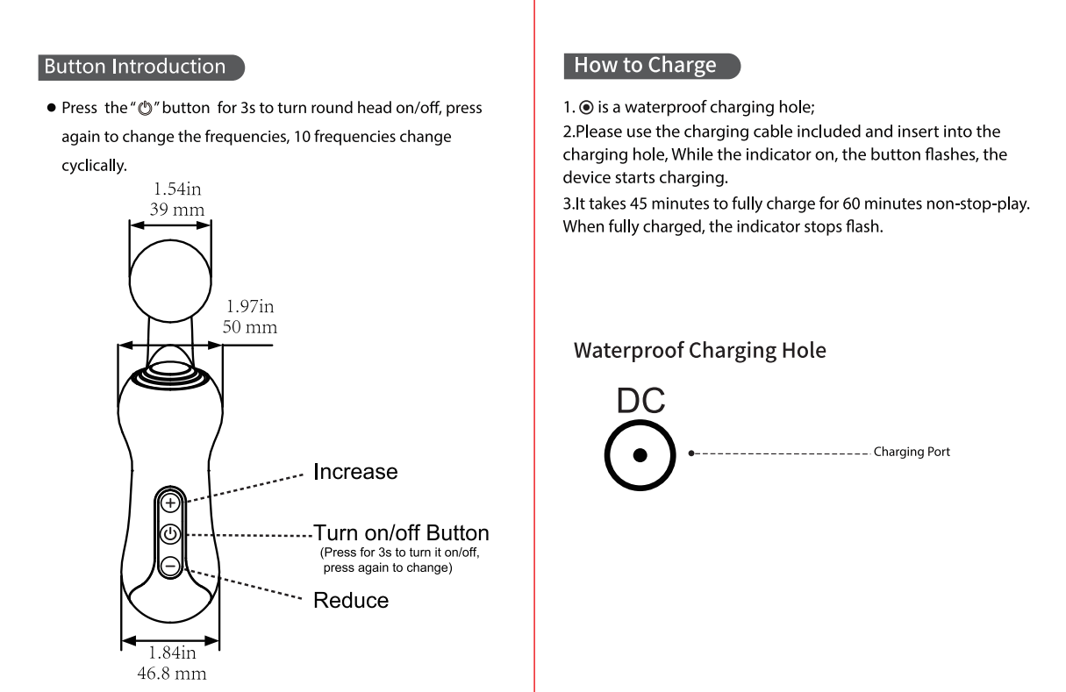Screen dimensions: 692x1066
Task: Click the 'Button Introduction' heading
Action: coord(134,67)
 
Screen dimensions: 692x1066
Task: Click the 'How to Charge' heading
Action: coord(645,65)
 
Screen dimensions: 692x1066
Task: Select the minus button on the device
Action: coord(170,565)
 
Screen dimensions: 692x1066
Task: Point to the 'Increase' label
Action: coord(355,472)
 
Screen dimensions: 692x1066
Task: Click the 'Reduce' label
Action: coord(351,601)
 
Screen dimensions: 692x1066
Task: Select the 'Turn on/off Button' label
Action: coord(401,533)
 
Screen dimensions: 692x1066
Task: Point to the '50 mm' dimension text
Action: coord(251,328)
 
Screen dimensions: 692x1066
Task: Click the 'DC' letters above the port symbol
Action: coord(640,402)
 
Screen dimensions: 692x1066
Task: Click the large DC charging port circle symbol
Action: coord(640,454)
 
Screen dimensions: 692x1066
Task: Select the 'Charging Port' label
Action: coord(912,453)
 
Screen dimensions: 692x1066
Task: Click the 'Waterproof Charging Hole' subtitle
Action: coord(699,351)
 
